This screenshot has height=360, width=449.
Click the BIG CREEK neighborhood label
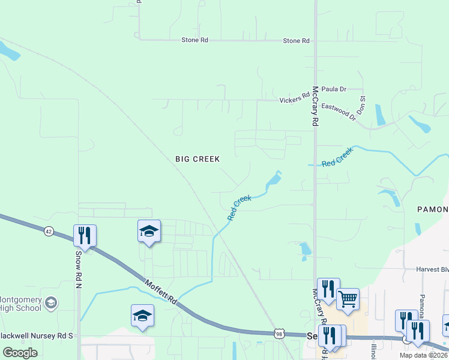(x=197, y=159)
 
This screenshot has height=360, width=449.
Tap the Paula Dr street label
(x=334, y=89)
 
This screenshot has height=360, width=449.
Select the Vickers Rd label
(x=295, y=97)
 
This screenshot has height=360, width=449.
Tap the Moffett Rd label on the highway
(x=160, y=290)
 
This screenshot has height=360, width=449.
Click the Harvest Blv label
(x=432, y=269)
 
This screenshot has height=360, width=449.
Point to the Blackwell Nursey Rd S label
(x=36, y=336)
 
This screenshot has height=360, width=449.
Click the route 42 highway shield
(x=48, y=230)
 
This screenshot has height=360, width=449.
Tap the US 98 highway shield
(x=279, y=333)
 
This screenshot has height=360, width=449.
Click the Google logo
(x=20, y=353)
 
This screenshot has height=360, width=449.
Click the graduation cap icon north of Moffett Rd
(x=149, y=231)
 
